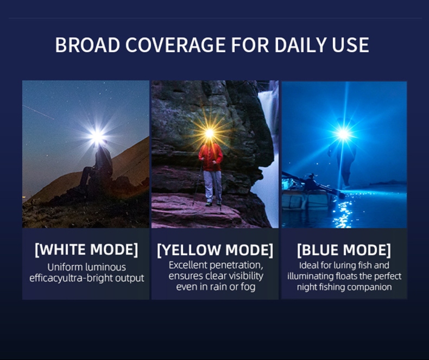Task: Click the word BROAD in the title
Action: click(x=87, y=45)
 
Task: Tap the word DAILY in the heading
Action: click(x=300, y=45)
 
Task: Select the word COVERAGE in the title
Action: click(x=176, y=45)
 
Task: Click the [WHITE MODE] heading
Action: click(x=86, y=249)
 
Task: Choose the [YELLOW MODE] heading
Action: click(x=215, y=250)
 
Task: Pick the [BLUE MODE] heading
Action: click(x=344, y=250)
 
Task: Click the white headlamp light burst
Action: click(x=97, y=136)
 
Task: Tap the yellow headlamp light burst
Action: click(x=209, y=133)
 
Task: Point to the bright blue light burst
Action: click(x=343, y=134)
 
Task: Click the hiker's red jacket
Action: click(x=211, y=157)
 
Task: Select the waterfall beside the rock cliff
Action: click(x=268, y=153)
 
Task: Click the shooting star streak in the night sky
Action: click(x=39, y=112)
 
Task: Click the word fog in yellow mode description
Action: click(x=248, y=287)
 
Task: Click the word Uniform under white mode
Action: click(x=65, y=267)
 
